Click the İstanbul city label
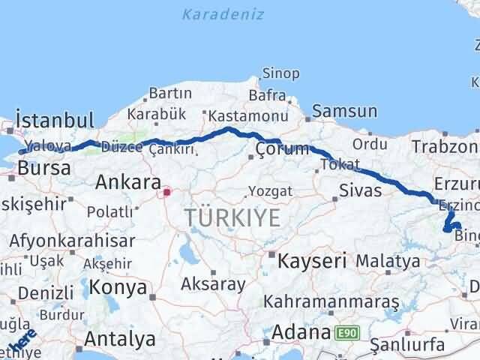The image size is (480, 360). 55,120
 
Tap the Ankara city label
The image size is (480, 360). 128,182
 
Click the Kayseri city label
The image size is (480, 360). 312,262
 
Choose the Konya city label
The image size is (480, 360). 118,286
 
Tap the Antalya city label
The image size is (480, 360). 120,339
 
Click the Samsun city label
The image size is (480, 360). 344,112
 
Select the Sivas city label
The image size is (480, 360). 361,190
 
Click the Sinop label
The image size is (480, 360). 280,73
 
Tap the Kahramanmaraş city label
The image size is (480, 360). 331,301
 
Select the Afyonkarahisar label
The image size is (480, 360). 72,241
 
